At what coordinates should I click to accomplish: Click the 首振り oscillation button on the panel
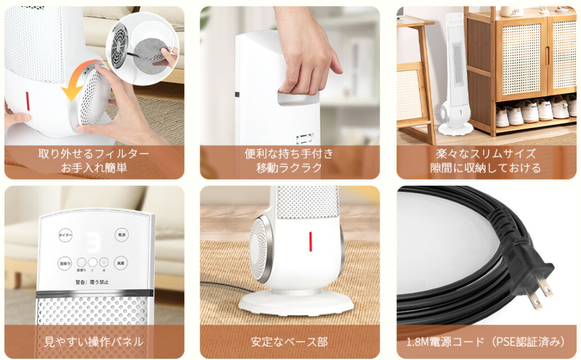click(65, 263)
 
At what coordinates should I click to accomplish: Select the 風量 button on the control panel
click(121, 263)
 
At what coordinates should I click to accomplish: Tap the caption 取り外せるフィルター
click(94, 154)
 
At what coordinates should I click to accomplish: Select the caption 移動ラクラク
click(290, 168)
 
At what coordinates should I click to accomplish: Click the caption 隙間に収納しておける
click(487, 168)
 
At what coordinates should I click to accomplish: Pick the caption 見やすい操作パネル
click(94, 341)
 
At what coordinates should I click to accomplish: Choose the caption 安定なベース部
click(290, 341)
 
